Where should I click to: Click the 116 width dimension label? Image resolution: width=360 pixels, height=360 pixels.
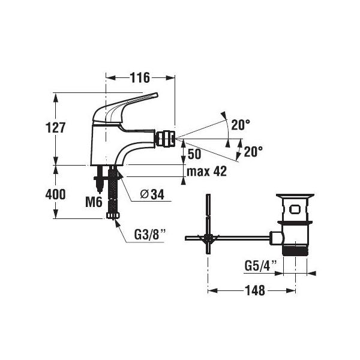point(140,77)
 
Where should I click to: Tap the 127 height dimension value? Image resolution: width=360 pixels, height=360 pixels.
point(56,128)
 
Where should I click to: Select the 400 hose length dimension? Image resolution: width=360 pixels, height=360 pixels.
point(55,194)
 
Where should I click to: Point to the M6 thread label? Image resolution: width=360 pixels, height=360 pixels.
point(94,202)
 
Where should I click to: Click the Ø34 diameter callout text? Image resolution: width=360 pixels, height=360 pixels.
point(152,195)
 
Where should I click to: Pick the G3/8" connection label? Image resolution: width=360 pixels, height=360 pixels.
point(149,234)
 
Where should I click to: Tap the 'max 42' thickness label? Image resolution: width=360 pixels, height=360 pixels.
point(206,171)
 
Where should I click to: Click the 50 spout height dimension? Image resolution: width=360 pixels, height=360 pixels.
point(194,154)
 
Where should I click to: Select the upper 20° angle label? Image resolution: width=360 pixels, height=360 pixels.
point(241,125)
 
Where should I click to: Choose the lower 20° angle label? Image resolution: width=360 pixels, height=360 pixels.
point(253,151)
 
